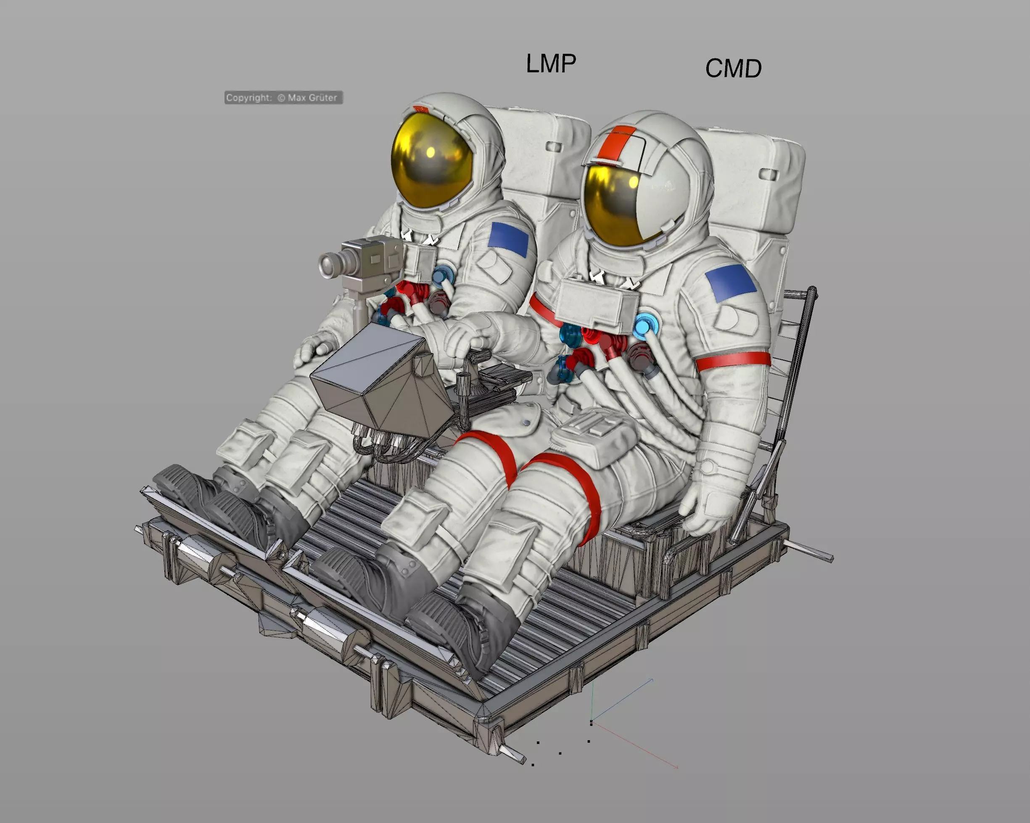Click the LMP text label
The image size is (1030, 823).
point(551,63)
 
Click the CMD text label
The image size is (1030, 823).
point(733,69)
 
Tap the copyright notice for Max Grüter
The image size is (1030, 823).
point(283,98)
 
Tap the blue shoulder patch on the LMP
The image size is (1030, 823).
point(509,239)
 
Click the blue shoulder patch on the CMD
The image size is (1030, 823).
point(730,283)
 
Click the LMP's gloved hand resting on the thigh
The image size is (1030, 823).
point(315,348)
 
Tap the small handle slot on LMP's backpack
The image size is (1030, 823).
point(555,147)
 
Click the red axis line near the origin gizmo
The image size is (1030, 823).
point(635,746)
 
